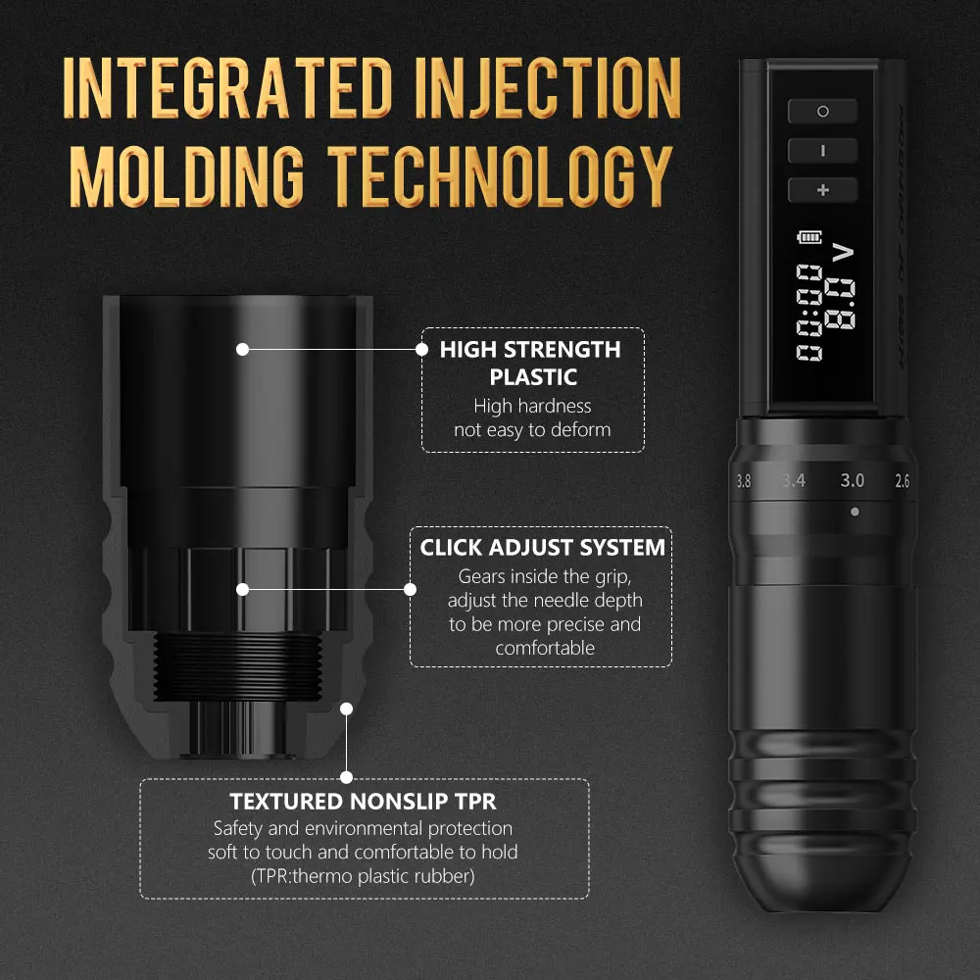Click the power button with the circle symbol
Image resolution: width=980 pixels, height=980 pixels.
tap(822, 112)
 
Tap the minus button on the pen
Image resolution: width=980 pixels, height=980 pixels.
tap(822, 151)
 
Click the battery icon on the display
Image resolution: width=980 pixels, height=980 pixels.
tap(809, 237)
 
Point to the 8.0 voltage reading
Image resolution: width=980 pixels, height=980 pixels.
tap(840, 304)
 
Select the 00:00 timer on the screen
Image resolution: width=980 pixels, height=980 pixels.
tap(809, 312)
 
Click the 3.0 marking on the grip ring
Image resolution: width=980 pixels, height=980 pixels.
tap(852, 480)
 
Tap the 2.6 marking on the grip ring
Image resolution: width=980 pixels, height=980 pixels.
tap(902, 480)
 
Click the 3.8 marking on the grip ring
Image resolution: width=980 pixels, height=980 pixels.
tap(743, 480)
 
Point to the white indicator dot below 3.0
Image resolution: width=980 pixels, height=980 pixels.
tap(855, 512)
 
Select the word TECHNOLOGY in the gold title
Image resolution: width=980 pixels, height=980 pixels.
tap(500, 175)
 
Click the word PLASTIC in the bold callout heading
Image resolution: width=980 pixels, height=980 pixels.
tap(533, 377)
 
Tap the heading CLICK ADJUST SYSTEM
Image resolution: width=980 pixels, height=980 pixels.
tap(542, 547)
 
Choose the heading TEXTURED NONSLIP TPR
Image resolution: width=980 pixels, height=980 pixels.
tap(363, 801)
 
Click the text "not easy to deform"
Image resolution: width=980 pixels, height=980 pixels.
tap(532, 430)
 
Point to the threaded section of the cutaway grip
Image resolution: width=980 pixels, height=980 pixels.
tap(237, 665)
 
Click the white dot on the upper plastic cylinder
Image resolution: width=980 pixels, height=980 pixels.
tap(242, 350)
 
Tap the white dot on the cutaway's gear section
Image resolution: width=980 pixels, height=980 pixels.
tap(242, 589)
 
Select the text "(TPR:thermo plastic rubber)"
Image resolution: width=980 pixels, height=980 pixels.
tap(363, 876)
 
